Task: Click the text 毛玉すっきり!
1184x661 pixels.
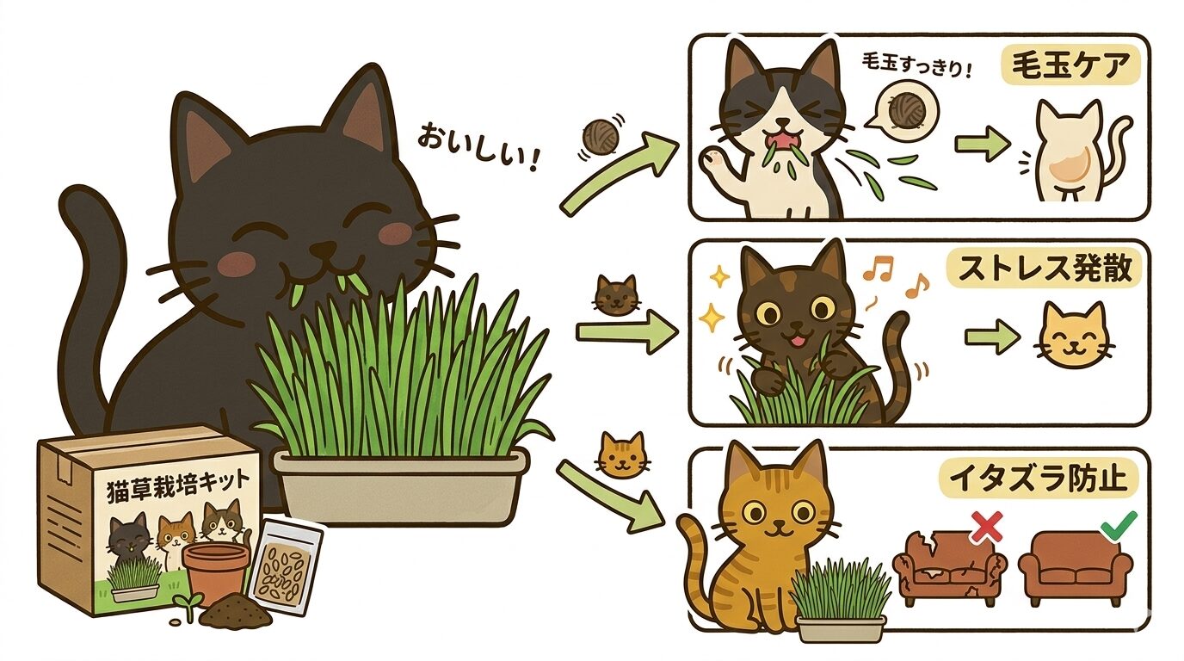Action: click(x=915, y=67)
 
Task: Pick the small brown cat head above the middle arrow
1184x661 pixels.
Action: click(x=617, y=294)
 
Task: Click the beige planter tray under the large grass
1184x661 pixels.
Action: click(x=401, y=490)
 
